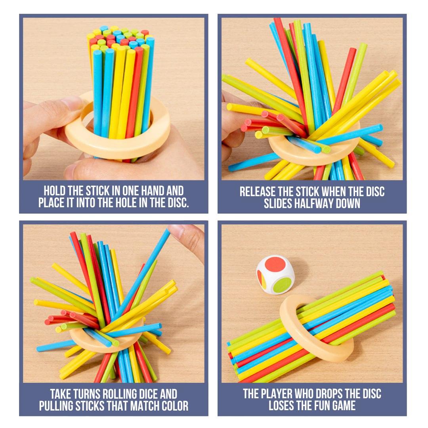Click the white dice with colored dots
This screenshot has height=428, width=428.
tap(275, 275)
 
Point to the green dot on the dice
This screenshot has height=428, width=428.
tap(282, 285)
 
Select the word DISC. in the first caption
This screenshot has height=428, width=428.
tap(176, 203)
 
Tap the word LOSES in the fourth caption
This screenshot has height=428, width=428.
tap(280, 405)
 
